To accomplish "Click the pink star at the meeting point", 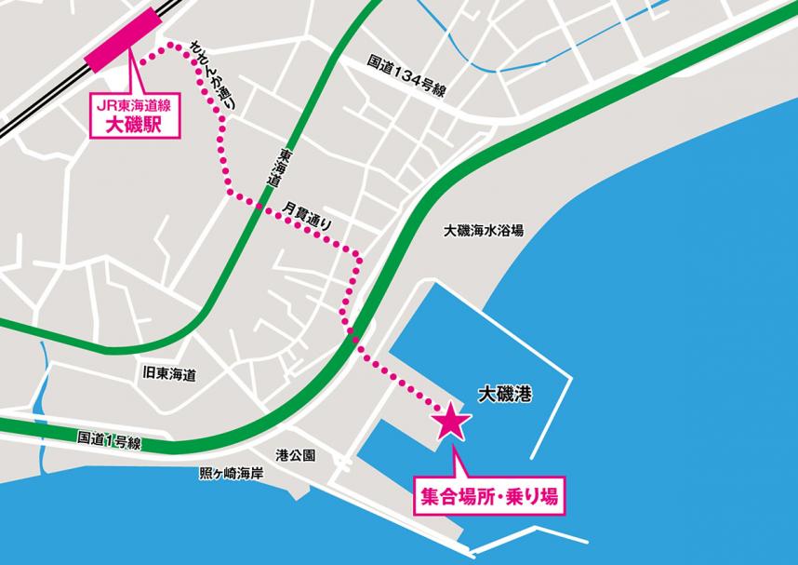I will tap(452, 421).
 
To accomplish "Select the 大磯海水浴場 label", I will tap(484, 230).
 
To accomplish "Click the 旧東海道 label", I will tap(169, 375).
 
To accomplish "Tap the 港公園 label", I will tap(296, 455).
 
